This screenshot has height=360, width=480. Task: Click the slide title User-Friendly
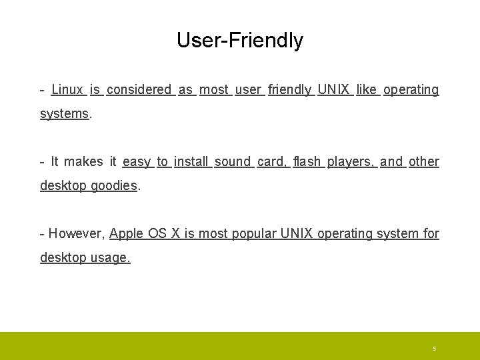point(239,41)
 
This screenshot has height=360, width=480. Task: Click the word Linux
point(67,89)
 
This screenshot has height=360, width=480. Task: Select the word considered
point(139,89)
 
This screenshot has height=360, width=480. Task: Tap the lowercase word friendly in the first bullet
point(289,89)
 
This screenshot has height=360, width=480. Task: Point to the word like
point(367,89)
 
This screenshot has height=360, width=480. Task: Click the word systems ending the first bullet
point(64,113)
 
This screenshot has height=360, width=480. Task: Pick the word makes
point(83,161)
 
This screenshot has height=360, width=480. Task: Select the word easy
point(137,161)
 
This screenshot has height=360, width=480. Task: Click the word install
point(192,161)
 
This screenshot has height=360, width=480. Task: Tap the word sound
point(233,161)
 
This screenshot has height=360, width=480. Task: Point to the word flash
point(307,161)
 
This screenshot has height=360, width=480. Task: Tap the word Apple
point(125,234)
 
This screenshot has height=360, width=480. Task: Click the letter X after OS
point(176,233)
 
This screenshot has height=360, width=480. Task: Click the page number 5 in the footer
point(434,349)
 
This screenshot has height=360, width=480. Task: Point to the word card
point(272,161)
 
